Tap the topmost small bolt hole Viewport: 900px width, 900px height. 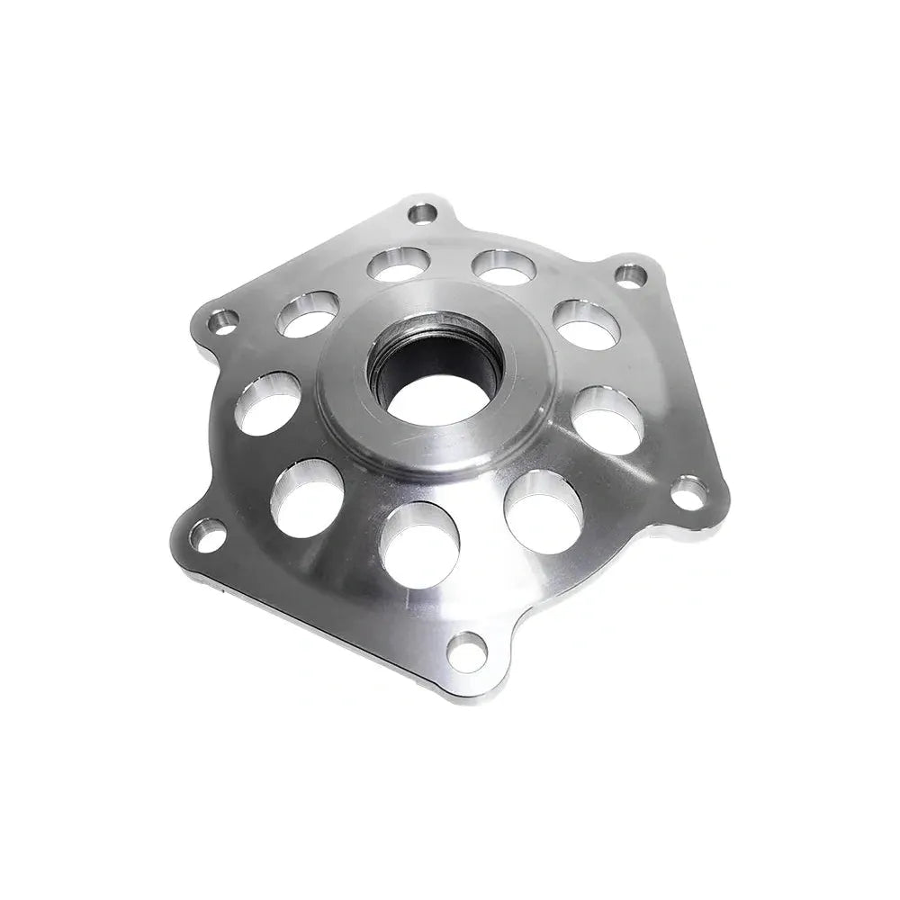click(421, 213)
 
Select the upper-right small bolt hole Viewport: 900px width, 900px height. click(631, 274)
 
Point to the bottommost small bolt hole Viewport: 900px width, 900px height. click(466, 650)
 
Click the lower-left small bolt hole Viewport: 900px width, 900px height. click(210, 537)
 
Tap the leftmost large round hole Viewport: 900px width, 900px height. click(268, 404)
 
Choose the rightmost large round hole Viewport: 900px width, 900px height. click(607, 419)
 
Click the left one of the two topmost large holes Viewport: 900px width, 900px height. click(398, 264)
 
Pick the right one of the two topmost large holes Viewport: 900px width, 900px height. click(504, 266)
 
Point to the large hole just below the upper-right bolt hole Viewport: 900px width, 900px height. click(586, 324)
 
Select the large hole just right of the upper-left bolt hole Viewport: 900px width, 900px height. click(308, 313)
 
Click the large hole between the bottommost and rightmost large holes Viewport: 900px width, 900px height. click(544, 510)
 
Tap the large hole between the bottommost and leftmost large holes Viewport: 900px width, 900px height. click(307, 497)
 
